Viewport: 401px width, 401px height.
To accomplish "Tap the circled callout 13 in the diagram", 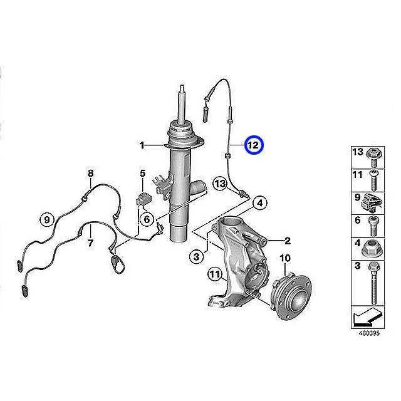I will pyautogui.click(x=219, y=184).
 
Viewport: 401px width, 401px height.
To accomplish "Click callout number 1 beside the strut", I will pyautogui.click(x=142, y=146).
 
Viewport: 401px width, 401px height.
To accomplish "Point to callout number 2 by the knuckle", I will pyautogui.click(x=288, y=240).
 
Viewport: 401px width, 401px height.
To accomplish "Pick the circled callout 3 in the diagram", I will pyautogui.click(x=196, y=256).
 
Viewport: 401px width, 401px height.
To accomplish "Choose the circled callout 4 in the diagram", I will pyautogui.click(x=260, y=202).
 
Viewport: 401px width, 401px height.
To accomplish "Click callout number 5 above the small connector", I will pyautogui.click(x=142, y=173).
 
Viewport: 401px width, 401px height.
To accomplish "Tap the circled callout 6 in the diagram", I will pyautogui.click(x=145, y=219).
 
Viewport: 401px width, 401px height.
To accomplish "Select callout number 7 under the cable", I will pyautogui.click(x=90, y=242).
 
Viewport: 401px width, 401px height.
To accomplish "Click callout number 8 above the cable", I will pyautogui.click(x=90, y=173).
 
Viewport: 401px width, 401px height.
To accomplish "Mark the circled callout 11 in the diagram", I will pyautogui.click(x=215, y=274).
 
